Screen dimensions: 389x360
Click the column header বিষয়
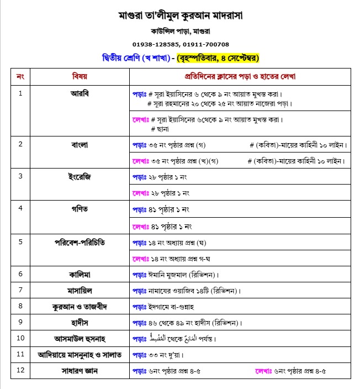click(x=80, y=76)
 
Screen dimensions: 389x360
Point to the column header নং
click(x=20, y=76)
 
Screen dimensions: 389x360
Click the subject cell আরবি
click(x=80, y=93)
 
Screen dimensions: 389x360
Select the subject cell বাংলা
click(x=80, y=145)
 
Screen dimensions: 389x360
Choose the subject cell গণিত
click(x=80, y=209)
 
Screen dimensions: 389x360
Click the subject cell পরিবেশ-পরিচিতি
click(x=80, y=242)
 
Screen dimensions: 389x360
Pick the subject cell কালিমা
click(x=80, y=274)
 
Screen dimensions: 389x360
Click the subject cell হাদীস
click(x=80, y=322)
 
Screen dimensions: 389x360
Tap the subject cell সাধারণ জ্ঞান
click(x=80, y=370)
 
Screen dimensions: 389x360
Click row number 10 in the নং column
click(x=20, y=338)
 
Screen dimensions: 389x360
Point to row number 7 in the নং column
click(x=20, y=290)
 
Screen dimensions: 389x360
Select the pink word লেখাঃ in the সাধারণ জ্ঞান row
click(x=263, y=371)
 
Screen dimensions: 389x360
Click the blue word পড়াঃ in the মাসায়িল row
click(x=139, y=290)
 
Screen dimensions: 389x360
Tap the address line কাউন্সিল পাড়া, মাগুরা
click(x=180, y=31)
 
